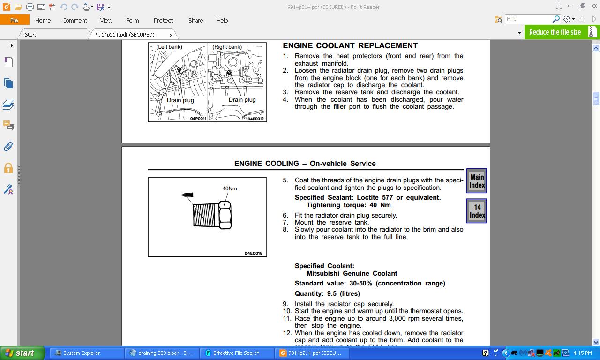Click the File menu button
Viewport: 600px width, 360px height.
(15, 20)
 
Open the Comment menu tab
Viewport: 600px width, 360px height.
(75, 20)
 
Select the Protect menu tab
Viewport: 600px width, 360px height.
(163, 20)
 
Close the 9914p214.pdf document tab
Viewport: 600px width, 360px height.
(171, 35)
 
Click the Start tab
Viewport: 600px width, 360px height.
(30, 35)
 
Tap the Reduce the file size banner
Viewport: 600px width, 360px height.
(555, 32)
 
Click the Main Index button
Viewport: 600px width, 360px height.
(477, 181)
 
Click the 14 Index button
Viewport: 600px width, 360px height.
(477, 211)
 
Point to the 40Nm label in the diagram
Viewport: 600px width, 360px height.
(230, 188)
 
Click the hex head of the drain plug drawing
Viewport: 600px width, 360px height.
(225, 216)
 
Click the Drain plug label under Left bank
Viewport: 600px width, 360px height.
(180, 100)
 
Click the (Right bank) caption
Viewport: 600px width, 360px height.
(227, 47)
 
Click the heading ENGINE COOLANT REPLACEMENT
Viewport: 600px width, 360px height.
(350, 45)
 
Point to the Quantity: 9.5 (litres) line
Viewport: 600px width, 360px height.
(327, 293)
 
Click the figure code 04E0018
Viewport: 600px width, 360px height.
(254, 253)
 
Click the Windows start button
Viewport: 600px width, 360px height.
(22, 353)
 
